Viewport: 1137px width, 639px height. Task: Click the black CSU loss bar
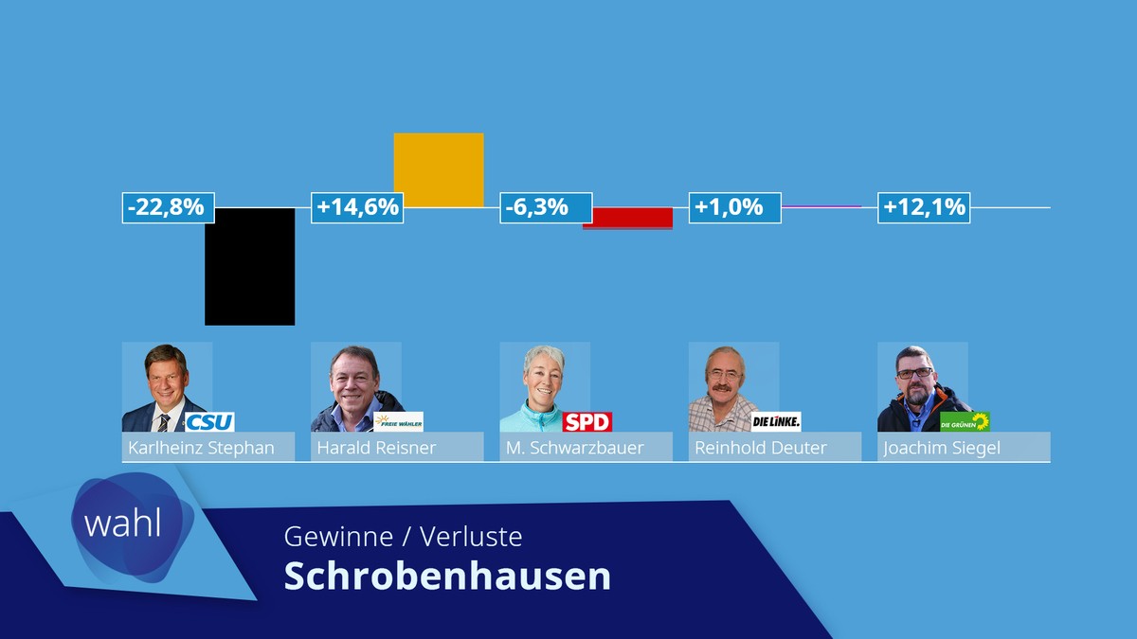[x=249, y=266]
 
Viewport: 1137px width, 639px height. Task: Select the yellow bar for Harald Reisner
[x=438, y=169]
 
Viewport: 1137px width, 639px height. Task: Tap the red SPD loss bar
[x=627, y=218]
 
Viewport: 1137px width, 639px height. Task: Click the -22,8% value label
[x=169, y=207]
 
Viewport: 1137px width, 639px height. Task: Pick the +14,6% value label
[x=357, y=207]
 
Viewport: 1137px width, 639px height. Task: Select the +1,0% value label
[x=734, y=207]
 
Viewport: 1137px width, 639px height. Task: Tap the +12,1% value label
[x=924, y=207]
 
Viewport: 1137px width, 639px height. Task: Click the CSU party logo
[x=209, y=421]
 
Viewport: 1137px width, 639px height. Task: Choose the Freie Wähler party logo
[x=398, y=421]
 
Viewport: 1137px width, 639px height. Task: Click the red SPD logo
[x=587, y=421]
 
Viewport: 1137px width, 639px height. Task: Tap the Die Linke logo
[x=776, y=421]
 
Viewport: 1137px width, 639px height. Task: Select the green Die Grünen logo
[x=965, y=421]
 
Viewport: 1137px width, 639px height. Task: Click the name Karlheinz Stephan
[x=201, y=448]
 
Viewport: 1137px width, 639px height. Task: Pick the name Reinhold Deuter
[x=761, y=448]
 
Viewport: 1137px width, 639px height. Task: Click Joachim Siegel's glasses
[x=914, y=373]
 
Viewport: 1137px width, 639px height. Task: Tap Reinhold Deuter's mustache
[x=726, y=386]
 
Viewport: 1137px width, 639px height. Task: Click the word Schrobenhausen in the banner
[x=447, y=577]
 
